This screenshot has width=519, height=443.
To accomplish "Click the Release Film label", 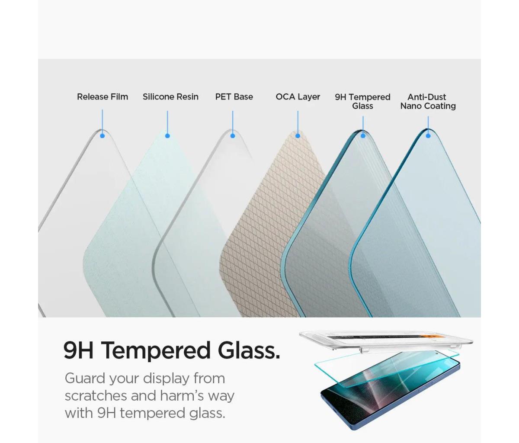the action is (x=103, y=96).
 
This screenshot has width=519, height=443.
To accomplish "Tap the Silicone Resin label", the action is (x=170, y=96).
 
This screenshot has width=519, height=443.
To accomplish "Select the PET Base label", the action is (x=234, y=96).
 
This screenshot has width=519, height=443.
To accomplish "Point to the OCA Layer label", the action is (x=298, y=96).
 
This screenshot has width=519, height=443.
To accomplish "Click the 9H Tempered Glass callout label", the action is (x=362, y=102).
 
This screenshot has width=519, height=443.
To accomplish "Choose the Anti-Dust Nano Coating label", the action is (x=428, y=102).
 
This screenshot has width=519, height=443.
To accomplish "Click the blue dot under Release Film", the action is (x=102, y=136).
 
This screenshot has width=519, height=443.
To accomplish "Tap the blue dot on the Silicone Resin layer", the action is (x=167, y=136).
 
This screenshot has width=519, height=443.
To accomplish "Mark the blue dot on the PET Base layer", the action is (x=233, y=136).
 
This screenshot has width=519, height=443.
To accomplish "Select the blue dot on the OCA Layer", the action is (x=298, y=136).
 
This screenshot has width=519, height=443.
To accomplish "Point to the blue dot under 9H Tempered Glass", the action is (x=363, y=136).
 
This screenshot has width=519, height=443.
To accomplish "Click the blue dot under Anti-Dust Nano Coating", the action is (x=428, y=136).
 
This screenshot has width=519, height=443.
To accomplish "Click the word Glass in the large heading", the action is (x=249, y=350).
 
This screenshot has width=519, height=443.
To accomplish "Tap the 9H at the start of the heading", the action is (x=78, y=350).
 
